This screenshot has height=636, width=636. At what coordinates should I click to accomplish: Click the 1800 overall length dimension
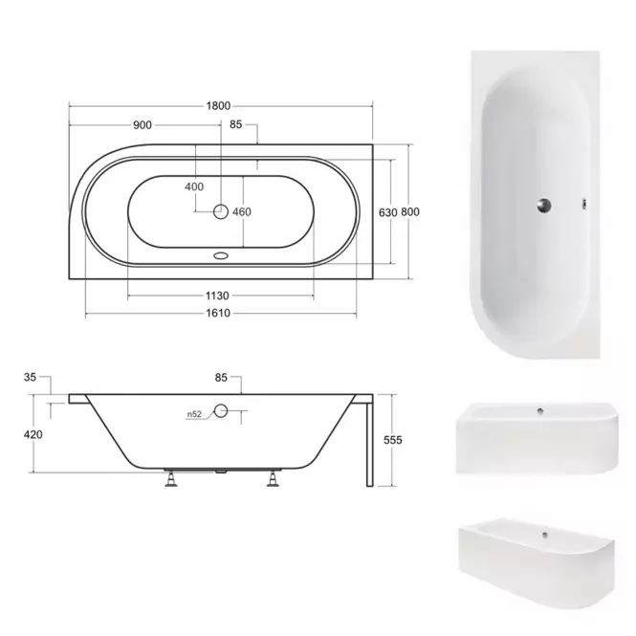pos(218,106)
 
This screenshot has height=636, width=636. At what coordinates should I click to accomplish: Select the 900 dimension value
pos(143,125)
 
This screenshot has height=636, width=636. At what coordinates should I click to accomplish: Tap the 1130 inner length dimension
pos(217,296)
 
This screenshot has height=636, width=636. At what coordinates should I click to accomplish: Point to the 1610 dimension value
pos(218,313)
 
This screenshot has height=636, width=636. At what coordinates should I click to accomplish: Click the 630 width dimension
pos(387,212)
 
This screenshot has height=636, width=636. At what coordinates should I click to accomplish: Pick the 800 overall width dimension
pos(410,211)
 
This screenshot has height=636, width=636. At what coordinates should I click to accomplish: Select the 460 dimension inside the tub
pos(242,211)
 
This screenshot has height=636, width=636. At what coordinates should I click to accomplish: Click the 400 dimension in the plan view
pos(194,186)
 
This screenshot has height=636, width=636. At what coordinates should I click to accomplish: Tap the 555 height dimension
pos(393,440)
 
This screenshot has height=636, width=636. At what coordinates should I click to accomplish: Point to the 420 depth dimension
pos(33,434)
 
